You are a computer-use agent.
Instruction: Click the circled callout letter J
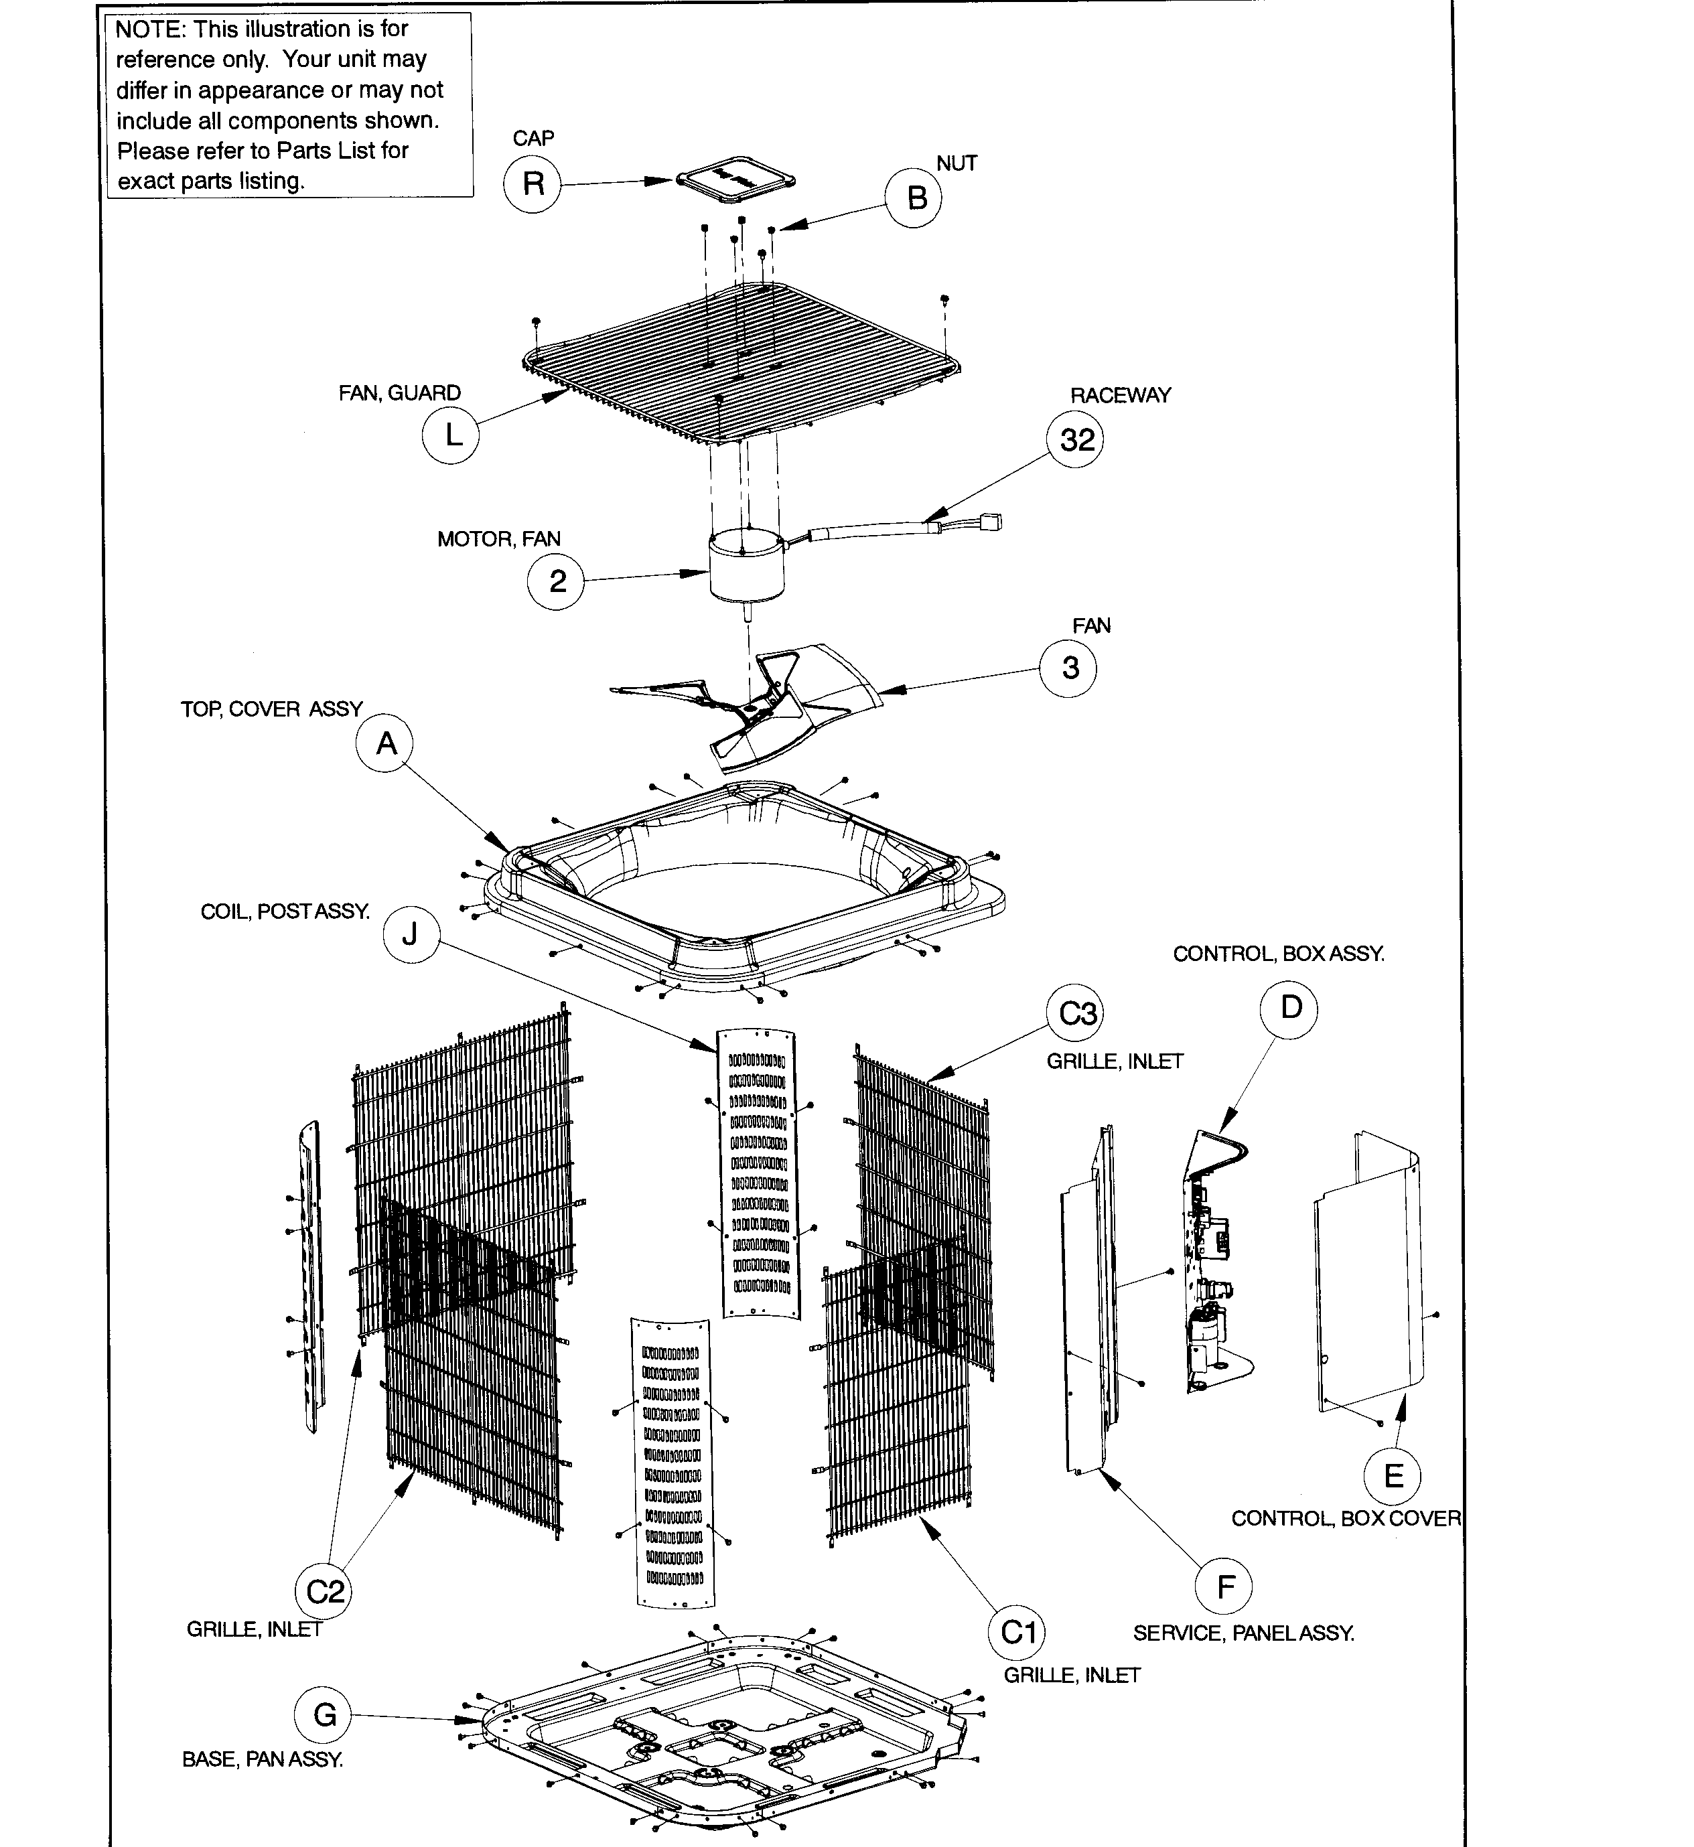(411, 934)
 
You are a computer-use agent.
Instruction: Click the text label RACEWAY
(1120, 395)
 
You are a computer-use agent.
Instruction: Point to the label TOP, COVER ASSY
(271, 709)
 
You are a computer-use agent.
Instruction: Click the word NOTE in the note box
(149, 29)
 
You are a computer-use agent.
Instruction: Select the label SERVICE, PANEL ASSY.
(1243, 1633)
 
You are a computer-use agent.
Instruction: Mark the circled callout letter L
(450, 435)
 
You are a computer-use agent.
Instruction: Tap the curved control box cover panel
(1368, 1283)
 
